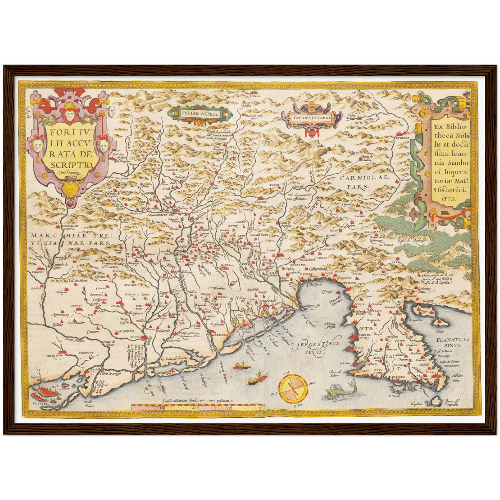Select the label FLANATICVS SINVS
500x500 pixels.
coord(452,343)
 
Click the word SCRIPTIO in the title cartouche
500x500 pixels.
coord(71,165)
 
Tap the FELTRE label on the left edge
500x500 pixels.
coord(38,272)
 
